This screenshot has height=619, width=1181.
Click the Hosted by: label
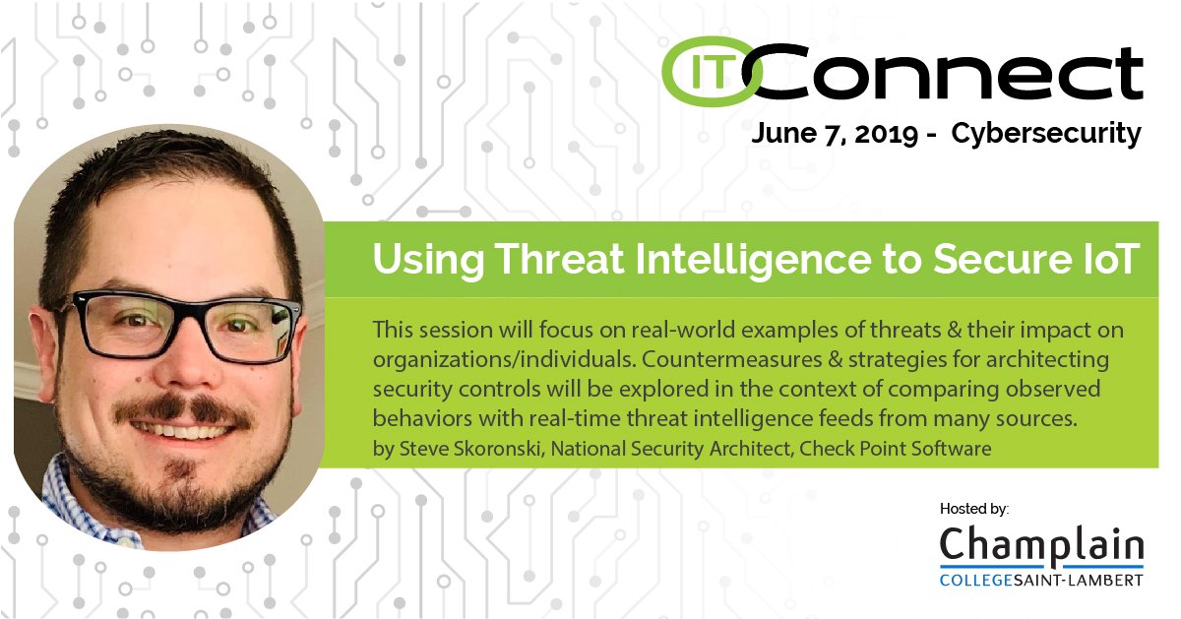pyautogui.click(x=974, y=509)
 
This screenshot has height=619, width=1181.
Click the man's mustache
pyautogui.click(x=182, y=406)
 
